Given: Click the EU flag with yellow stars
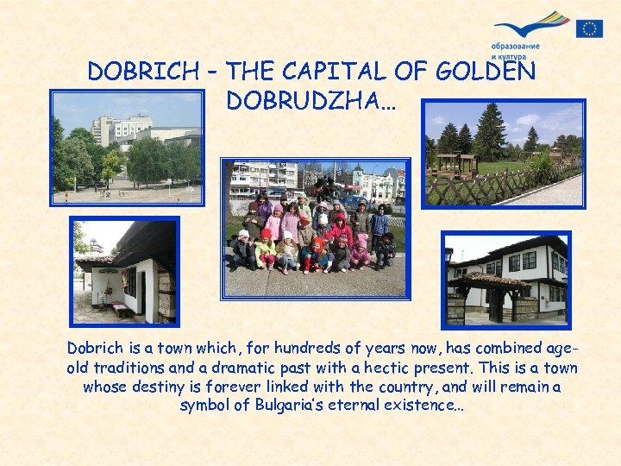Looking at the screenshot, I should click(x=589, y=28).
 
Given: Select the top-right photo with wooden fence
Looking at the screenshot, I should click(x=505, y=153).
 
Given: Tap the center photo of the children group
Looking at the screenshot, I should click(x=315, y=229).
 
